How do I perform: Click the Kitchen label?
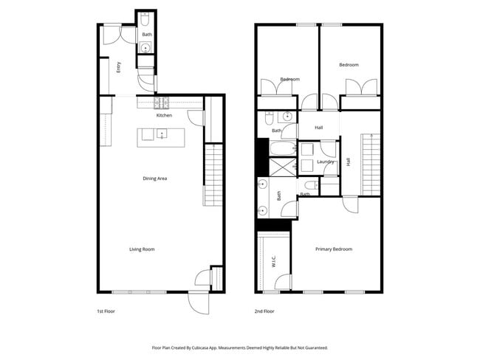pyautogui.click(x=164, y=116)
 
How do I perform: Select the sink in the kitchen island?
pyautogui.click(x=162, y=134)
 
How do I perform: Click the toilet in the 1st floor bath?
pyautogui.click(x=146, y=18)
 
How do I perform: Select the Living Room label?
pyautogui.click(x=142, y=249)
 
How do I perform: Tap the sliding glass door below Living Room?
pyautogui.click(x=138, y=292)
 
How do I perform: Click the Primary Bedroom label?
pyautogui.click(x=334, y=249)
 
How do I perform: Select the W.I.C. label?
pyautogui.click(x=274, y=263)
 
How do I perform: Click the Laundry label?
pyautogui.click(x=326, y=162)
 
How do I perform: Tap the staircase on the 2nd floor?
pyautogui.click(x=371, y=164)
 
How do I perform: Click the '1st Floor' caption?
pyautogui.click(x=106, y=312)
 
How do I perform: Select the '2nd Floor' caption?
pyautogui.click(x=264, y=312)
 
